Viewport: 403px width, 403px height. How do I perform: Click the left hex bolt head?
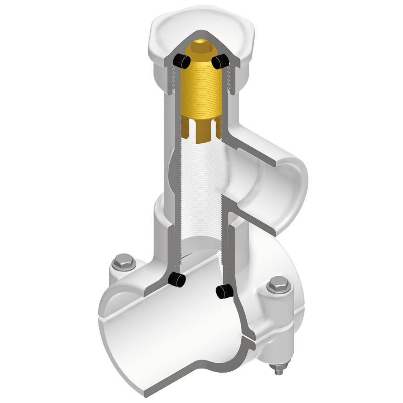point(124,262)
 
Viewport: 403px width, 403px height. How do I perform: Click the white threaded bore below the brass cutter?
point(201,188)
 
